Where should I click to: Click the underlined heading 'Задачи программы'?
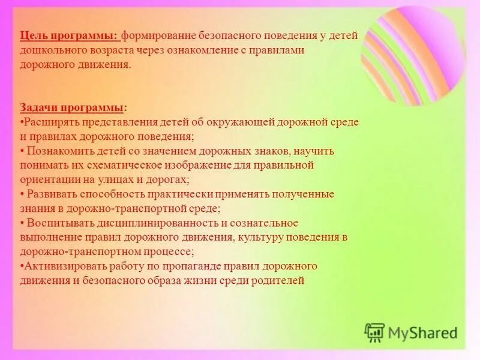coord(72,107)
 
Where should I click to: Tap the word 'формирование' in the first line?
coord(160,36)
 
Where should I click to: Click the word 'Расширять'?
coord(50,122)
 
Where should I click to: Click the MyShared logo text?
coord(422,332)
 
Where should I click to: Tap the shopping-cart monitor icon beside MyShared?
coord(374,331)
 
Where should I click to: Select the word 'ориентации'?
coord(49,179)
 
